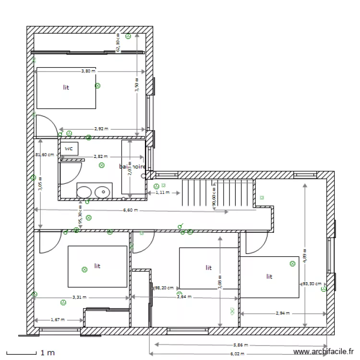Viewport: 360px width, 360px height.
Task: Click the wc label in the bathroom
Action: (69, 149)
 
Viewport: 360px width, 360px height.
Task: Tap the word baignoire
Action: (132, 167)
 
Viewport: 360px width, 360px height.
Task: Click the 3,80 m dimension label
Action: (88, 71)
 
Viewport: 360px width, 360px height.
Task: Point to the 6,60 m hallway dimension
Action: (130, 210)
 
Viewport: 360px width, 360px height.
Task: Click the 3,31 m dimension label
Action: (80, 297)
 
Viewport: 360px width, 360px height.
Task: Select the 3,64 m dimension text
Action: (184, 297)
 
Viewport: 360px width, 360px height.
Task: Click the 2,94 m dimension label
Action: (283, 313)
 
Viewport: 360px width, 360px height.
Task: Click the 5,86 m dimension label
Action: (240, 345)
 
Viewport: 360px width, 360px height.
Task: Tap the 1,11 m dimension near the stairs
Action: (163, 192)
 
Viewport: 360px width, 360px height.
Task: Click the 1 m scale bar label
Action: (48, 353)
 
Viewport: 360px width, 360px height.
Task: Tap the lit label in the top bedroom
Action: (66, 87)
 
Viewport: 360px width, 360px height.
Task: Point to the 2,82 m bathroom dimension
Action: (100, 156)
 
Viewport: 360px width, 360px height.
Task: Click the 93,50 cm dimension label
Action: (312, 284)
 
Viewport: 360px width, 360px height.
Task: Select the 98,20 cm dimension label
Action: (164, 288)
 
